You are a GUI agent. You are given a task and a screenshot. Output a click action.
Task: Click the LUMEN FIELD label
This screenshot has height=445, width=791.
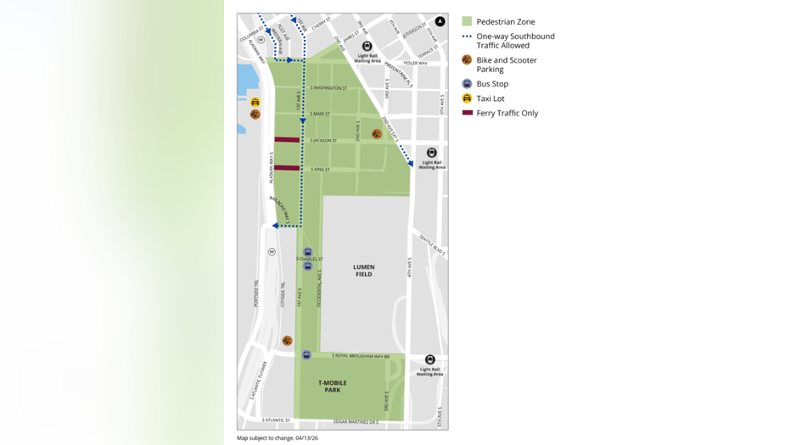click(x=363, y=270)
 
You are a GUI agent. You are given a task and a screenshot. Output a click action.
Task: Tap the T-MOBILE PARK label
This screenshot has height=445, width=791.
click(x=333, y=386)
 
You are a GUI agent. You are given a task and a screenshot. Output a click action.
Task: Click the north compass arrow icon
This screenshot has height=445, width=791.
click(x=440, y=21)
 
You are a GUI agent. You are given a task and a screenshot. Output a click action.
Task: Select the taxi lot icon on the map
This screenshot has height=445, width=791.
click(x=255, y=103)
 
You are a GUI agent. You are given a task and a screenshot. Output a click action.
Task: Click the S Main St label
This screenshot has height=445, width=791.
click(x=320, y=114)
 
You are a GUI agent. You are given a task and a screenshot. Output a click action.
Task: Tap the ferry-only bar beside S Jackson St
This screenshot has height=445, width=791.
click(x=287, y=140)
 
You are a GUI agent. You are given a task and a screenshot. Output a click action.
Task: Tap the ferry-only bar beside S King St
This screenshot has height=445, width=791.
click(x=287, y=168)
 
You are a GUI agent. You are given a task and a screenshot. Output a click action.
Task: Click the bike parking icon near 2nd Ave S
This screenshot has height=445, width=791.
click(x=377, y=134)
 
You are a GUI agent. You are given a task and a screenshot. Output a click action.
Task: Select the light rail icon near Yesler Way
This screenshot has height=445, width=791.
click(x=367, y=47)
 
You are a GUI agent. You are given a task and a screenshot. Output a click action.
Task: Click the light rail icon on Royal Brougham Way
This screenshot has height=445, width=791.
click(x=429, y=360)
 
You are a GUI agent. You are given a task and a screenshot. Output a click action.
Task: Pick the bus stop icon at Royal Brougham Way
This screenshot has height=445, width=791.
click(x=306, y=355)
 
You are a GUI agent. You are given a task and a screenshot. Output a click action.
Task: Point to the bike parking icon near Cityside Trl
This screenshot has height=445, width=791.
click(x=287, y=341)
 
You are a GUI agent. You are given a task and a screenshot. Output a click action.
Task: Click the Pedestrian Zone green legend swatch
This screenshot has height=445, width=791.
click(x=467, y=21)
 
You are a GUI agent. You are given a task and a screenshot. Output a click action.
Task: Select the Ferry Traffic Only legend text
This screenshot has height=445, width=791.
click(x=507, y=113)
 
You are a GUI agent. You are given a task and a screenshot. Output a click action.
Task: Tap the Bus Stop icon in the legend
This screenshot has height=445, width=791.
click(x=467, y=84)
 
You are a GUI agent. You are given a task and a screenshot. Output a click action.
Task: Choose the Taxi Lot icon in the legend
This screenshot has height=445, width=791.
click(x=467, y=99)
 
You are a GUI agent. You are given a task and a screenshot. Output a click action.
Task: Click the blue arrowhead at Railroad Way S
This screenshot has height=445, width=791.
click(x=276, y=226)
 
